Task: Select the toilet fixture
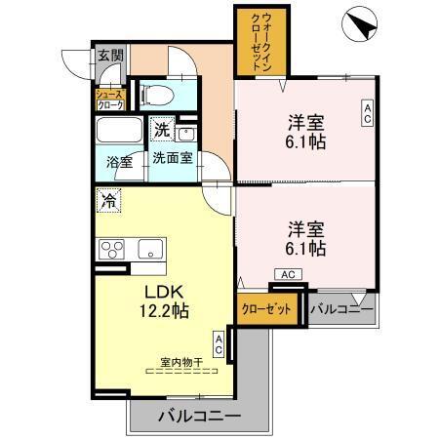pos(156,95)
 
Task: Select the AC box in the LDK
pos(220,343)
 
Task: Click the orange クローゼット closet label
pos(265,310)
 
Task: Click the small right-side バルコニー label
pos(339,310)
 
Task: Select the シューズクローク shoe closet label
pos(107,96)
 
